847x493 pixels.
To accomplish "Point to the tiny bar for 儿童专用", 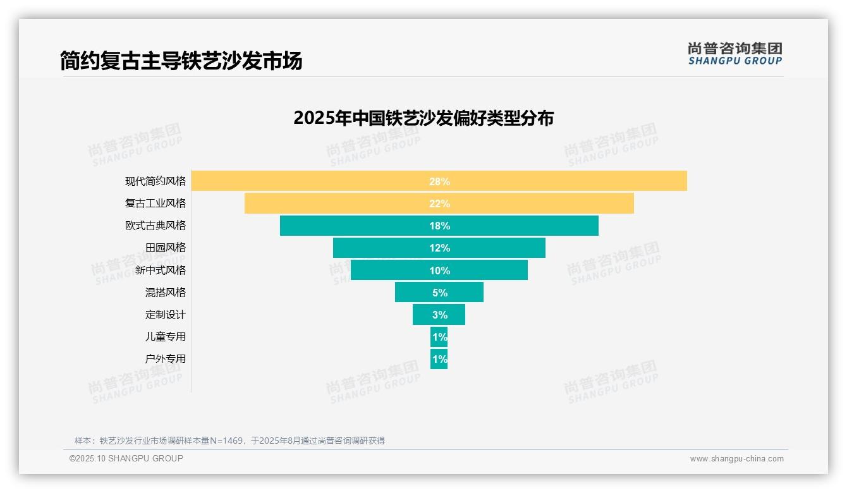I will click(x=439, y=337).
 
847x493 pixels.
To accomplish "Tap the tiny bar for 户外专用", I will click(x=439, y=359).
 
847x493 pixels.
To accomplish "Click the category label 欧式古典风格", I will click(x=155, y=226).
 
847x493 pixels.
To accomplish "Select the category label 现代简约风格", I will click(x=155, y=181).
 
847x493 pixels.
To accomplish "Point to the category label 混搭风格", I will click(x=166, y=292).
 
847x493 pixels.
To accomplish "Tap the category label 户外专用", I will click(x=166, y=358).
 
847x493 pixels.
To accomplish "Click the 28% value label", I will click(x=439, y=181).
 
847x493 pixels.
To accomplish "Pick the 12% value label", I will click(x=439, y=248).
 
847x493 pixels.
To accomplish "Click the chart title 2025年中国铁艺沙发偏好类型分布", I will click(x=423, y=118).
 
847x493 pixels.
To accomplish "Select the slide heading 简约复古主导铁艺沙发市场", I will click(x=181, y=61).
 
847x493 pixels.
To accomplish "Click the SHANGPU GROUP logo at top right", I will click(x=734, y=54).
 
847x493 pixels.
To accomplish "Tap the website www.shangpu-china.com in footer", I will click(x=736, y=459).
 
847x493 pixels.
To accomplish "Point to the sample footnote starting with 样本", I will click(x=229, y=441).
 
